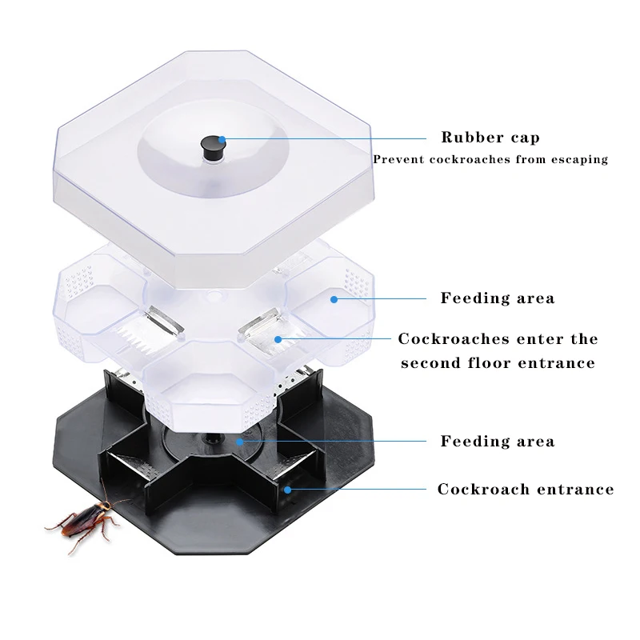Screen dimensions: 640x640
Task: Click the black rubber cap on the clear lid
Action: (x=212, y=147)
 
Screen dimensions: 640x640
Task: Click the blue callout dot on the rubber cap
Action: (x=222, y=138)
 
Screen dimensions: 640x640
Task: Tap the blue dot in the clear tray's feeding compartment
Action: (x=333, y=298)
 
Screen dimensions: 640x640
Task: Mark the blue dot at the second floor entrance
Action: (x=278, y=338)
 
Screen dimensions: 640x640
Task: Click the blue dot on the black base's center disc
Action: (x=239, y=440)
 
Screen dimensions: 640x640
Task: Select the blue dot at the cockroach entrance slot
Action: (x=286, y=489)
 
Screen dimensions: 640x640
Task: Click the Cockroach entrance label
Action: (x=525, y=489)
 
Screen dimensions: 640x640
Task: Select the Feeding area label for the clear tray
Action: (x=497, y=298)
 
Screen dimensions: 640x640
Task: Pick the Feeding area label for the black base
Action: (x=497, y=441)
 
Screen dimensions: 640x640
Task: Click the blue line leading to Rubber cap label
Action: (x=320, y=138)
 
